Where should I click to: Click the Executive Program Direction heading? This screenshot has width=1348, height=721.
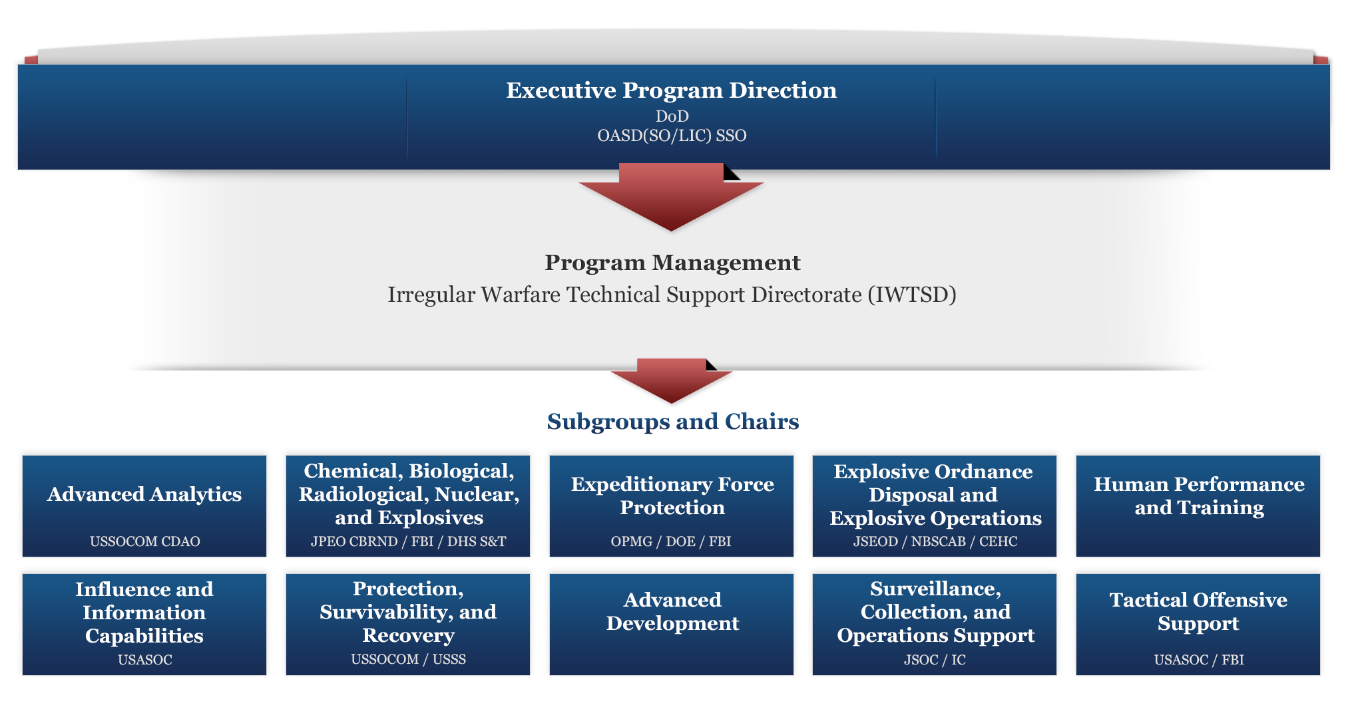point(671,90)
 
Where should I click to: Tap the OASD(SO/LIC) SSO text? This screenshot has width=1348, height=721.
point(672,136)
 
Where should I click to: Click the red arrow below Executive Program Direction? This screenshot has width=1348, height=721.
point(671,197)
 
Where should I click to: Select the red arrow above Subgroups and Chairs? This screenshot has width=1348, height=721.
point(671,381)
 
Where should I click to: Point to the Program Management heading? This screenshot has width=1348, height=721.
point(672,263)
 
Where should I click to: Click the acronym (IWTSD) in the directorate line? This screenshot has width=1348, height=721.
point(912,295)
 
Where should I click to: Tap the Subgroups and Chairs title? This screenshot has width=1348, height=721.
point(673,422)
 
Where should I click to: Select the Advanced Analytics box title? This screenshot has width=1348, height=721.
point(144,494)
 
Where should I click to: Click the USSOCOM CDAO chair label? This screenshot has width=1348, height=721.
point(145,541)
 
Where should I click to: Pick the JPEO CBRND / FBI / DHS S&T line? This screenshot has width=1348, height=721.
point(408,541)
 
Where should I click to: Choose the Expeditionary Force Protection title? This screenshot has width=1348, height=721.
point(672,496)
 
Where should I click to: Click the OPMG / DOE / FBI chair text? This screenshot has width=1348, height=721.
point(671,541)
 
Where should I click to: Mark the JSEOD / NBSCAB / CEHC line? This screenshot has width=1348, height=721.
point(935,541)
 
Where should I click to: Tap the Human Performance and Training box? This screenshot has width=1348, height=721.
point(1198,506)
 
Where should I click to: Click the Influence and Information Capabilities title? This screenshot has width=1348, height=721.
point(144,613)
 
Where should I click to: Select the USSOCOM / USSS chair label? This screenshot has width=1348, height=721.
point(408,659)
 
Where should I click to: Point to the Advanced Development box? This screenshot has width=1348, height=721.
point(672,625)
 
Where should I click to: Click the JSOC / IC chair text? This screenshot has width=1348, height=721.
point(935,660)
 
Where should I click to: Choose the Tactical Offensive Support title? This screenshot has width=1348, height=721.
point(1198,612)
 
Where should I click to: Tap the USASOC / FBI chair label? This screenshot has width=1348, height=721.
point(1199,660)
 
